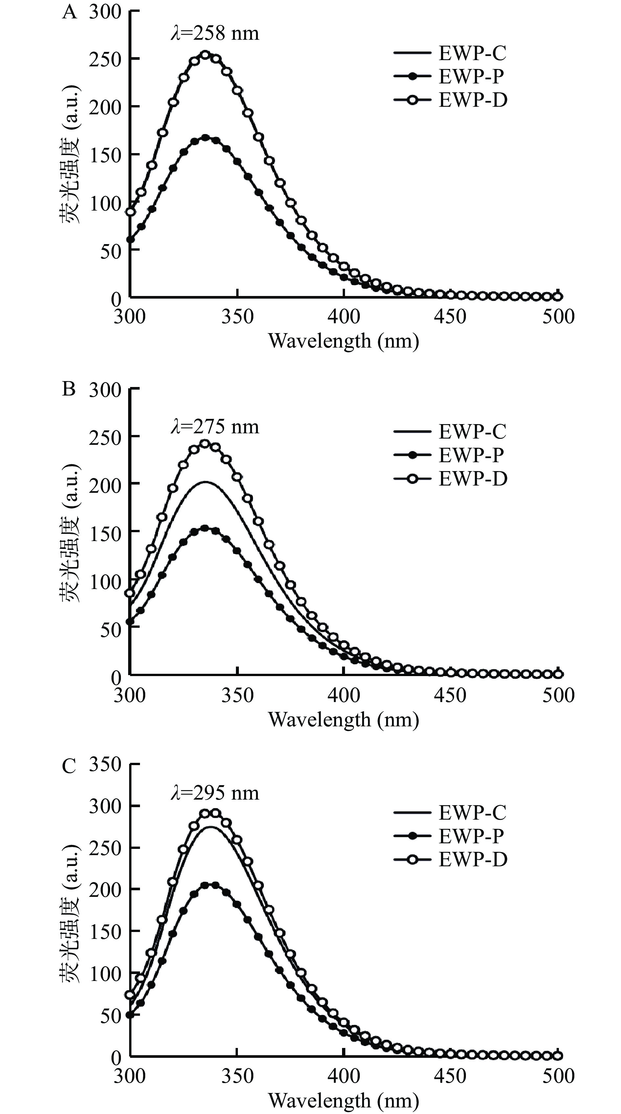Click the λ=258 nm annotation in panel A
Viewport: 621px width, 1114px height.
pos(215,33)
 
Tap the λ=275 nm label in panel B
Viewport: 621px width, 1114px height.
pos(215,427)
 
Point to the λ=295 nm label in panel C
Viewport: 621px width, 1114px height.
pos(215,793)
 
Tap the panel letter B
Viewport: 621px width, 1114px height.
pos(69,389)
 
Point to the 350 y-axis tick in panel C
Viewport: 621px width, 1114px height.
pos(105,764)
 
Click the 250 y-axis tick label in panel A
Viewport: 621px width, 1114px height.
pos(105,59)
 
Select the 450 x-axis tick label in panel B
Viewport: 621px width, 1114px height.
pos(450,695)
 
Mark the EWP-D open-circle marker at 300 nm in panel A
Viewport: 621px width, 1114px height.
pos(130,212)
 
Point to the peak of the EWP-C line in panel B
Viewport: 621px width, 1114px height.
pos(205,482)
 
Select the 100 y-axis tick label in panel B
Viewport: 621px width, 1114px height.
pos(105,582)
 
